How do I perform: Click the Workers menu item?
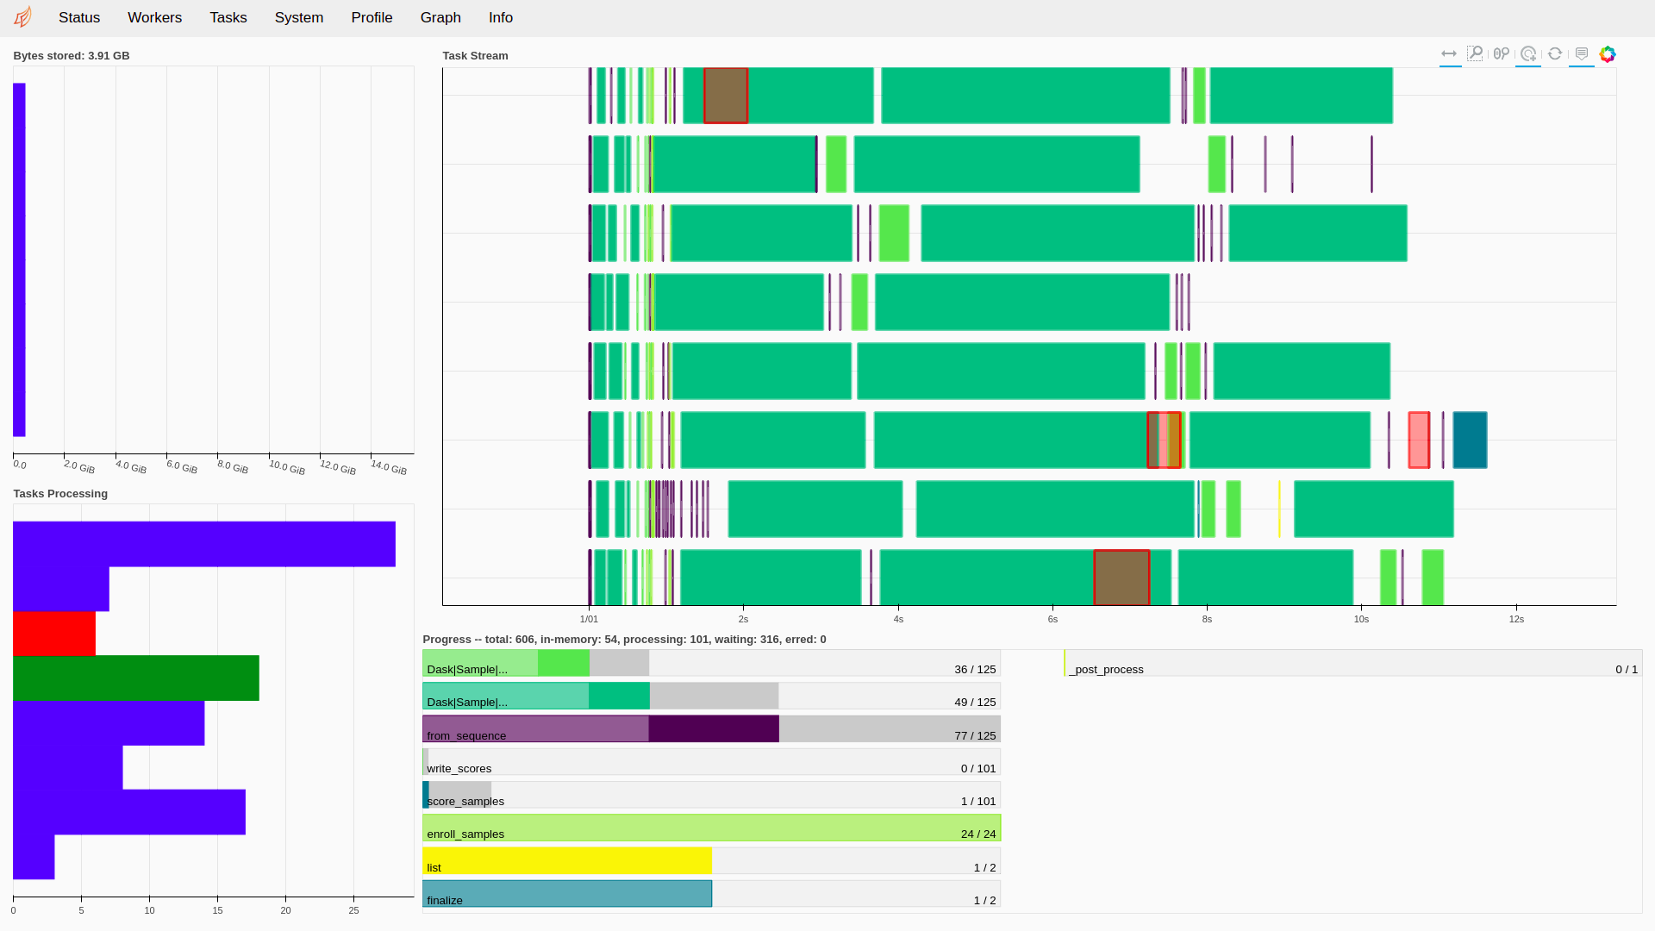(x=154, y=17)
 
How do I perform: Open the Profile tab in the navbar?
(x=372, y=17)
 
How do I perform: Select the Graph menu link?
(x=440, y=17)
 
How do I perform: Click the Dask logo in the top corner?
(x=23, y=17)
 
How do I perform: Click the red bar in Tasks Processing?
(x=53, y=634)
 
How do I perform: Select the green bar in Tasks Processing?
(x=135, y=678)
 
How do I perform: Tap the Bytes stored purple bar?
(x=19, y=259)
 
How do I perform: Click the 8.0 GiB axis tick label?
(x=233, y=467)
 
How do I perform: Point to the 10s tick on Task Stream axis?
(x=1361, y=619)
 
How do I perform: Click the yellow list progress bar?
(x=566, y=860)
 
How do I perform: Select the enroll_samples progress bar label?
(x=465, y=834)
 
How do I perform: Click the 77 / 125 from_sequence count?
(x=975, y=735)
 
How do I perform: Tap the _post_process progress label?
(x=1106, y=669)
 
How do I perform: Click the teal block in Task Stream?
(x=1470, y=440)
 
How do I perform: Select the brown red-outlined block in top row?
(x=725, y=95)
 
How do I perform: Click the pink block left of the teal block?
(x=1419, y=440)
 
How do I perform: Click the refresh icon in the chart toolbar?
(x=1555, y=53)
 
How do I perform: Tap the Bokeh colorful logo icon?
(x=1608, y=53)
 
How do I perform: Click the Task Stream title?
(x=475, y=55)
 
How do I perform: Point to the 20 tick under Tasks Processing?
(x=285, y=909)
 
